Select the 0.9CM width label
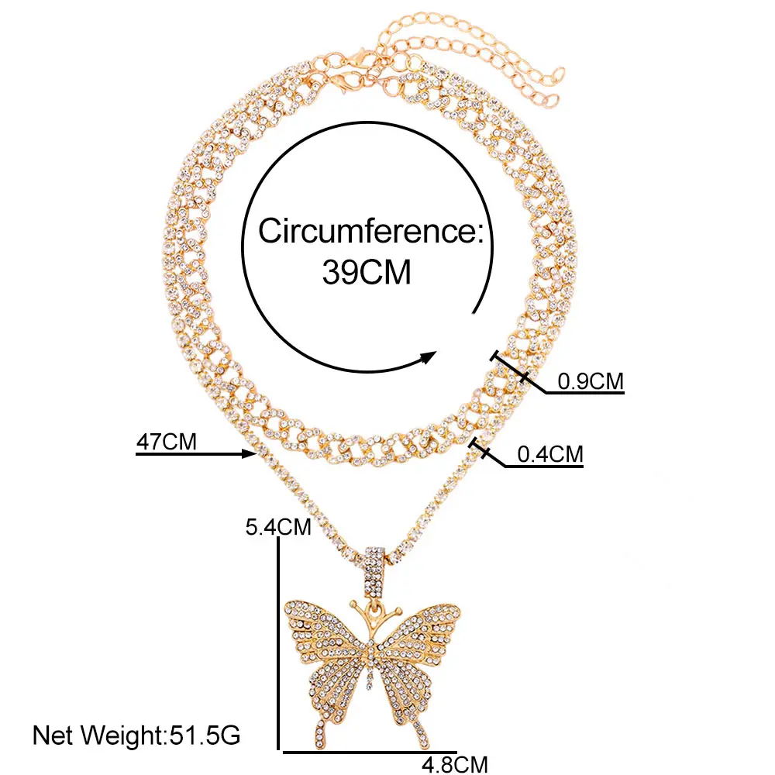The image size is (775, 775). coord(591,381)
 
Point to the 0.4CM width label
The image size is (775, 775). coord(549,454)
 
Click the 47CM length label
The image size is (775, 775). coord(166,443)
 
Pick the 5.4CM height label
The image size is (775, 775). coord(278,528)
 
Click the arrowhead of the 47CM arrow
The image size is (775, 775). coord(250,455)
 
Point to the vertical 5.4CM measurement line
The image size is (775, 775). coord(278,643)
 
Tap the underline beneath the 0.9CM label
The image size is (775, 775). coord(585,393)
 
